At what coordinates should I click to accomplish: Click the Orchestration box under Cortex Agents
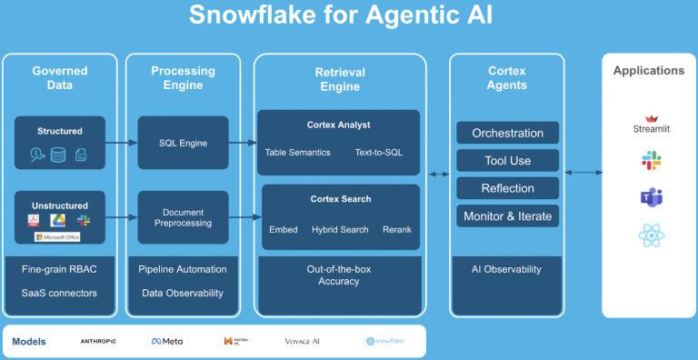tap(507, 133)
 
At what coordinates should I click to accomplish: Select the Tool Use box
tap(507, 161)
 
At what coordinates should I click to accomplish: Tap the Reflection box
tap(507, 188)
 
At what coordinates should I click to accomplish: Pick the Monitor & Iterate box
tap(507, 216)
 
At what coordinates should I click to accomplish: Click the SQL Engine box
tap(183, 143)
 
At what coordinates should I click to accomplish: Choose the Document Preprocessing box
tap(183, 217)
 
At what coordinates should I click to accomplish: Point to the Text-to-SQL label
tap(379, 153)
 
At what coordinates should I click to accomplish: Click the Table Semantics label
tap(297, 153)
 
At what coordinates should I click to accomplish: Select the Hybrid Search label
tap(340, 229)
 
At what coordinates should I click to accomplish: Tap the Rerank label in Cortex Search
tap(396, 229)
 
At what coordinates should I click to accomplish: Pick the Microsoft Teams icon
tap(649, 197)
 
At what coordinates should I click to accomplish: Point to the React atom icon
tap(649, 235)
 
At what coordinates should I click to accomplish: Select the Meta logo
tap(167, 341)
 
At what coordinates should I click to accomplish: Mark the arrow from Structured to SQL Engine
tap(122, 143)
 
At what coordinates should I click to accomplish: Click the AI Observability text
tap(507, 269)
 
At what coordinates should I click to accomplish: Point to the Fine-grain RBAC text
tap(59, 269)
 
